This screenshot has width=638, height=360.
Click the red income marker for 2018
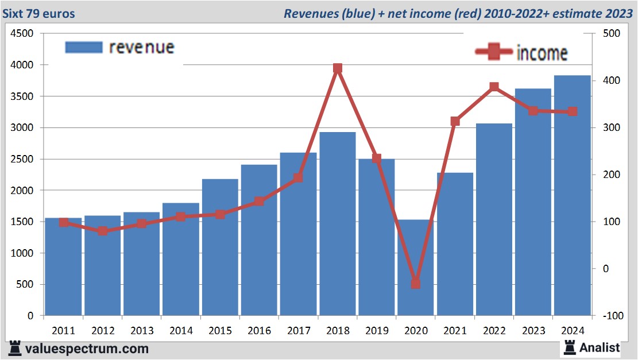click(x=338, y=68)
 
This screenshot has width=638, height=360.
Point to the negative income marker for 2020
click(x=416, y=284)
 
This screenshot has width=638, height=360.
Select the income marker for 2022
click(x=494, y=87)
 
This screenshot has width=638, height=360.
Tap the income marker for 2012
click(x=103, y=231)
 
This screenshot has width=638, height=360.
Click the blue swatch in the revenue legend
click(x=84, y=47)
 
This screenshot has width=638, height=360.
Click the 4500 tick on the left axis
click(x=22, y=34)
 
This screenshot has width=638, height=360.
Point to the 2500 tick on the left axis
click(x=22, y=159)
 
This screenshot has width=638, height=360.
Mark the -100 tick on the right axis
click(x=609, y=316)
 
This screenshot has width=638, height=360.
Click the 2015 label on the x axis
click(x=220, y=331)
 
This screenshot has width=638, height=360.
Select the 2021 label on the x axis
click(x=455, y=331)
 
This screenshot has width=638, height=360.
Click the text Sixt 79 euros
click(x=39, y=13)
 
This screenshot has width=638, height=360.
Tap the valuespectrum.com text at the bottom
click(x=86, y=349)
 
